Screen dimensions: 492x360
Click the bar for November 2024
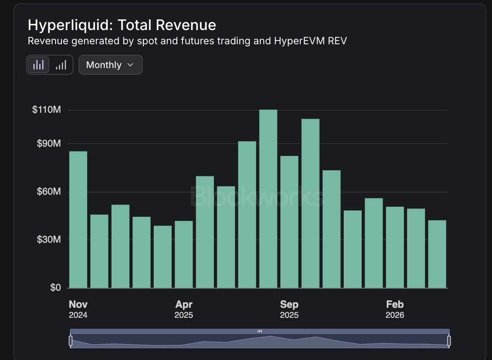coord(78,219)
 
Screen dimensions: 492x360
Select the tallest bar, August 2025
coord(268,199)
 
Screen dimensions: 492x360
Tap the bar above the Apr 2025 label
coord(184,254)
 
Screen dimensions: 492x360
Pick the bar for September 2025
coord(289,222)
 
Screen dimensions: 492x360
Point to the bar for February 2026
coord(395,247)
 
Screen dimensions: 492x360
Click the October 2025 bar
coord(311,203)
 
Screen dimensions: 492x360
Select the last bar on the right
coord(437,254)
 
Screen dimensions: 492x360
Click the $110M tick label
coord(46,109)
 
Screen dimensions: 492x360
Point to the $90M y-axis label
coord(48,143)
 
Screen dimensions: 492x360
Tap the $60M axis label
coord(48,191)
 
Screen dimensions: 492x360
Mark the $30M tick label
coord(48,239)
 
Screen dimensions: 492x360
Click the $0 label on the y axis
coord(56,287)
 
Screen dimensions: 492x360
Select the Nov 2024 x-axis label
coord(78,309)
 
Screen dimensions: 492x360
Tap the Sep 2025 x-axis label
coord(289,309)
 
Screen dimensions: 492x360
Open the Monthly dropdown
coord(110,65)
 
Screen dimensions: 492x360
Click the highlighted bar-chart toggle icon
coord(38,65)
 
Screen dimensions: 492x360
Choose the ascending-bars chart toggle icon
coord(61,65)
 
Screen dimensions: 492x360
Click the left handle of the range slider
coord(71,340)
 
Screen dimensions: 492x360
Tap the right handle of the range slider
coord(449,340)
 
